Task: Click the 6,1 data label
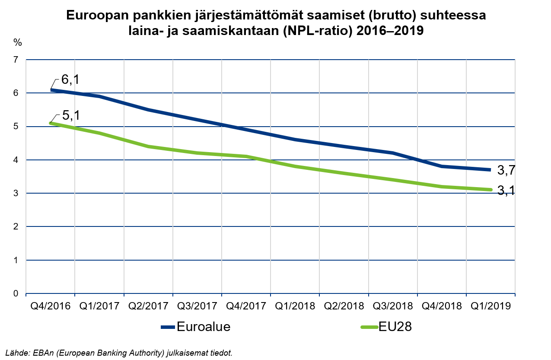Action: [x=70, y=80]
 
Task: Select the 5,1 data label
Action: [x=70, y=115]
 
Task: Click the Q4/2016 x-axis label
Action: [x=50, y=306]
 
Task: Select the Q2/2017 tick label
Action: [x=148, y=306]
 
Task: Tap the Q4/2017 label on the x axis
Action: [x=246, y=306]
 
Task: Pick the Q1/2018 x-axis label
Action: [x=295, y=306]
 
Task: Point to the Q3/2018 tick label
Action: [x=393, y=306]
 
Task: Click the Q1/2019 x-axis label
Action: [x=490, y=306]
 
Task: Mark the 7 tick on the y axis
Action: [x=16, y=60]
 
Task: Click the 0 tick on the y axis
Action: [x=16, y=294]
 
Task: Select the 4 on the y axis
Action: [x=16, y=160]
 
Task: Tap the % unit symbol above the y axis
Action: [x=17, y=42]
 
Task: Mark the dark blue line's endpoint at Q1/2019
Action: [x=490, y=170]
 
